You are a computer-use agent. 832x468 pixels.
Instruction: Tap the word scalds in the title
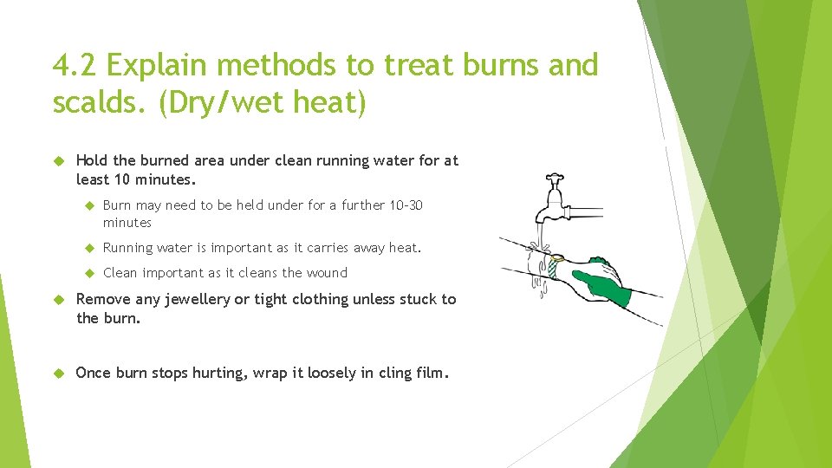[x=98, y=103]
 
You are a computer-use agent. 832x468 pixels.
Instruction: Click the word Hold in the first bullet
[x=93, y=160]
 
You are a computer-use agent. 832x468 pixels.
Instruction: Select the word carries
[x=321, y=248]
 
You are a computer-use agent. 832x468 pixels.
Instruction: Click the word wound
[x=326, y=273]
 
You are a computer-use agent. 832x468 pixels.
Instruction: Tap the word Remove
[x=103, y=299]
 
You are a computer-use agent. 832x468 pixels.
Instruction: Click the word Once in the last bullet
[x=94, y=373]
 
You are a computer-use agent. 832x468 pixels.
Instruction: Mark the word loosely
[x=297, y=373]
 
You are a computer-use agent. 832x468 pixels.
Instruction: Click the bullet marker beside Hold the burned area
[x=59, y=160]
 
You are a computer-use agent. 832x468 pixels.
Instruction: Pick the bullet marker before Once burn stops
[x=59, y=373]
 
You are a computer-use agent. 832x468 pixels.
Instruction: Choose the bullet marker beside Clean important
[x=88, y=273]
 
